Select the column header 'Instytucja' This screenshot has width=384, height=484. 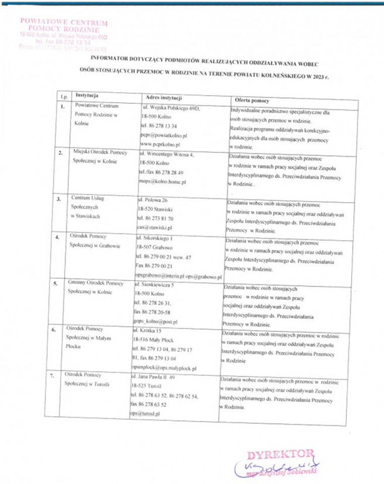[87, 95]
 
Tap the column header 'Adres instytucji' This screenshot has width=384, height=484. [163, 97]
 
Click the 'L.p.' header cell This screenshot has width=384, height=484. [64, 96]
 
